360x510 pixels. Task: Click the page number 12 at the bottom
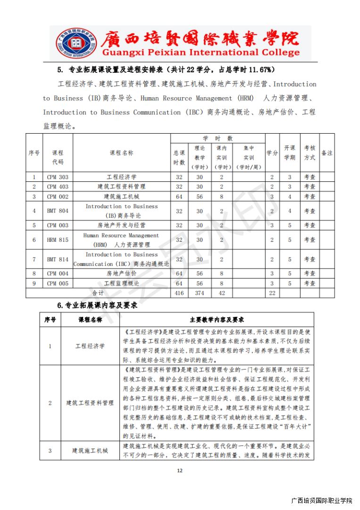click(179, 470)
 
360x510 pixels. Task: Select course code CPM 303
click(58, 177)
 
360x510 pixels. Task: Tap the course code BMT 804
click(58, 211)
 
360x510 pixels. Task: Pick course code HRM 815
click(58, 240)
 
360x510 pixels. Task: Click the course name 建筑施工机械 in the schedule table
click(121, 196)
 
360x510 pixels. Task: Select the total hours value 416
click(179, 293)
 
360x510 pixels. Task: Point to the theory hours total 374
click(200, 293)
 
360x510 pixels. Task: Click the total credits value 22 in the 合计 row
click(272, 293)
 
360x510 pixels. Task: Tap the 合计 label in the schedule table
click(98, 293)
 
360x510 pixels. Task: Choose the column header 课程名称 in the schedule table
click(121, 153)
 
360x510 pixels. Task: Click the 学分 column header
click(272, 153)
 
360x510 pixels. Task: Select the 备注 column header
click(327, 153)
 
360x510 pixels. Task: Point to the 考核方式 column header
click(310, 153)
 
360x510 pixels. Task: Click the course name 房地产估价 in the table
click(121, 273)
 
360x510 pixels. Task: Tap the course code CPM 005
click(58, 283)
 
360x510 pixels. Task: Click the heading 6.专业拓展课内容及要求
click(97, 306)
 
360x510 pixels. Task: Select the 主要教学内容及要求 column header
click(217, 320)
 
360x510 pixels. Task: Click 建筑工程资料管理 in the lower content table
click(90, 403)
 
